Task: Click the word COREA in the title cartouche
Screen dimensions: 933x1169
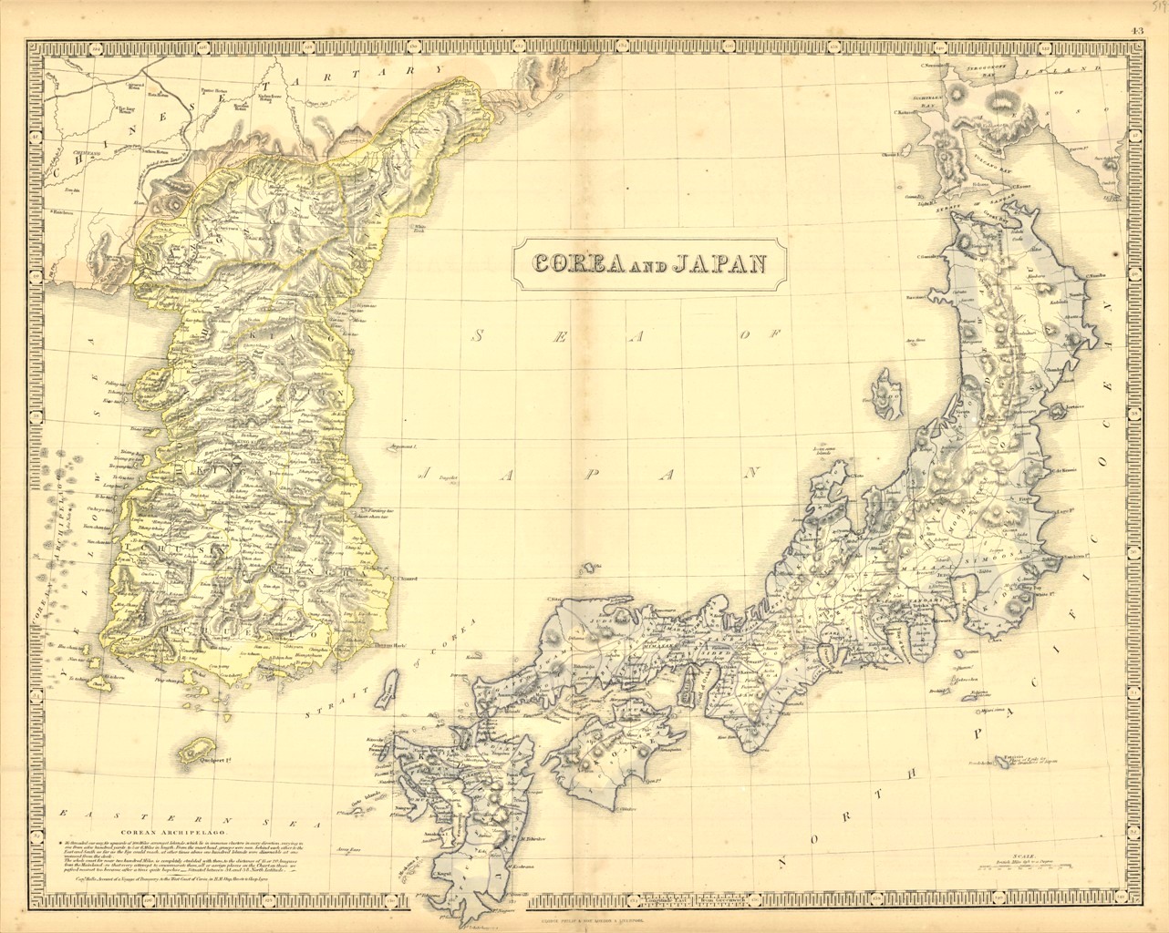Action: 577,263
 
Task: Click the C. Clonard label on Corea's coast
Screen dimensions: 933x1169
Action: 403,577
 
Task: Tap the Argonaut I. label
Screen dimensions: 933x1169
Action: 402,447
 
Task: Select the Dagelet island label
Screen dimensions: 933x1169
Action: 447,477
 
